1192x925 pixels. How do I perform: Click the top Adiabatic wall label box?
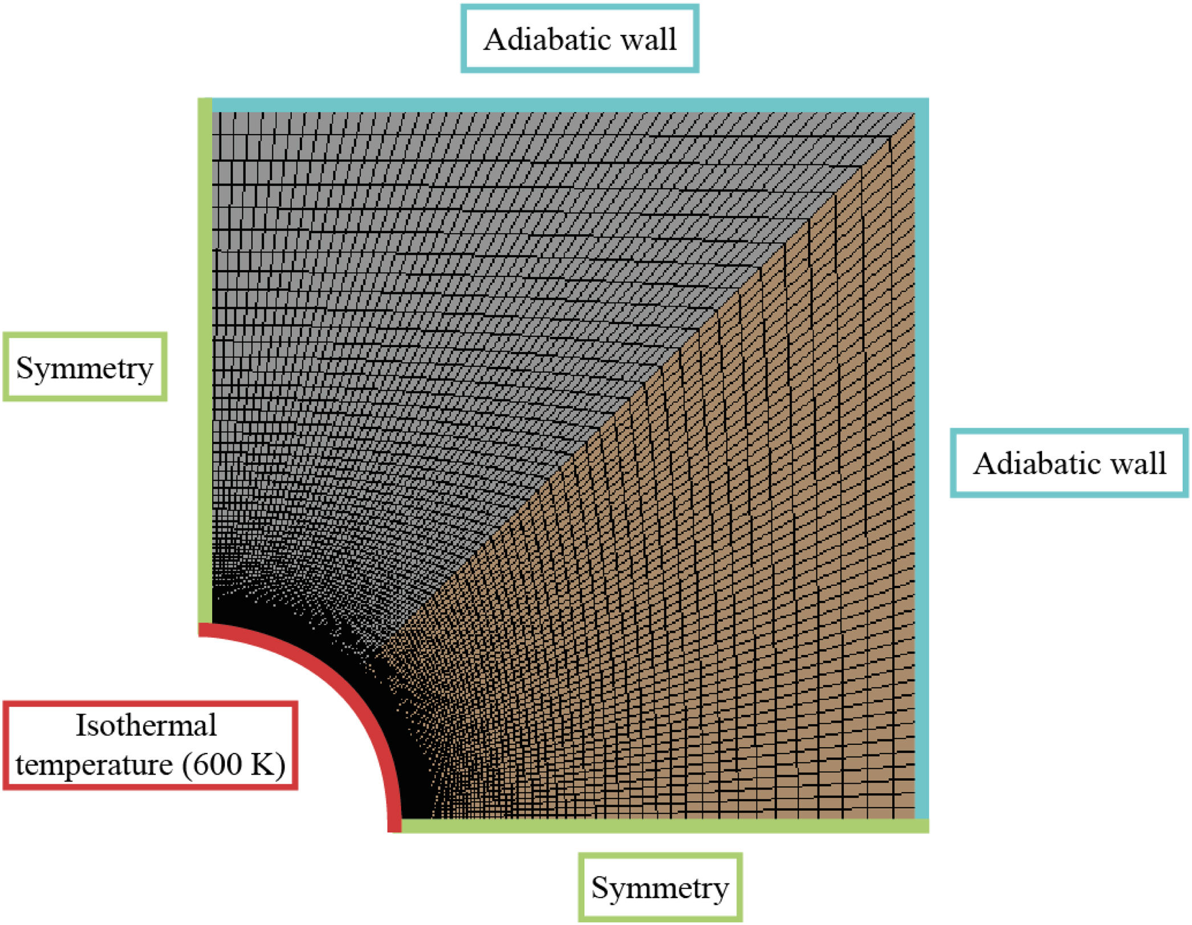pos(580,39)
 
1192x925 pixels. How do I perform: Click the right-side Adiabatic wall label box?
pos(1069,463)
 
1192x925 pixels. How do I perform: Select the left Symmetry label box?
pos(85,367)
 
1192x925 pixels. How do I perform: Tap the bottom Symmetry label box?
pos(660,887)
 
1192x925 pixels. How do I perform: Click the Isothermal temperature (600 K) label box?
pos(150,745)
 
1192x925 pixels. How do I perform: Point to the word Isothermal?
pos(147,726)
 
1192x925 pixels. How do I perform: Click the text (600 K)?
pos(234,764)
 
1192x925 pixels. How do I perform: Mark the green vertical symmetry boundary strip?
pos(205,365)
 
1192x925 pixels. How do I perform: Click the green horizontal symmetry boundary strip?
pos(661,826)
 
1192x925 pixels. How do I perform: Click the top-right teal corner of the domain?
pos(921,105)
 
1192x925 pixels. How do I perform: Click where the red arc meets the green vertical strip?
pos(205,628)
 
